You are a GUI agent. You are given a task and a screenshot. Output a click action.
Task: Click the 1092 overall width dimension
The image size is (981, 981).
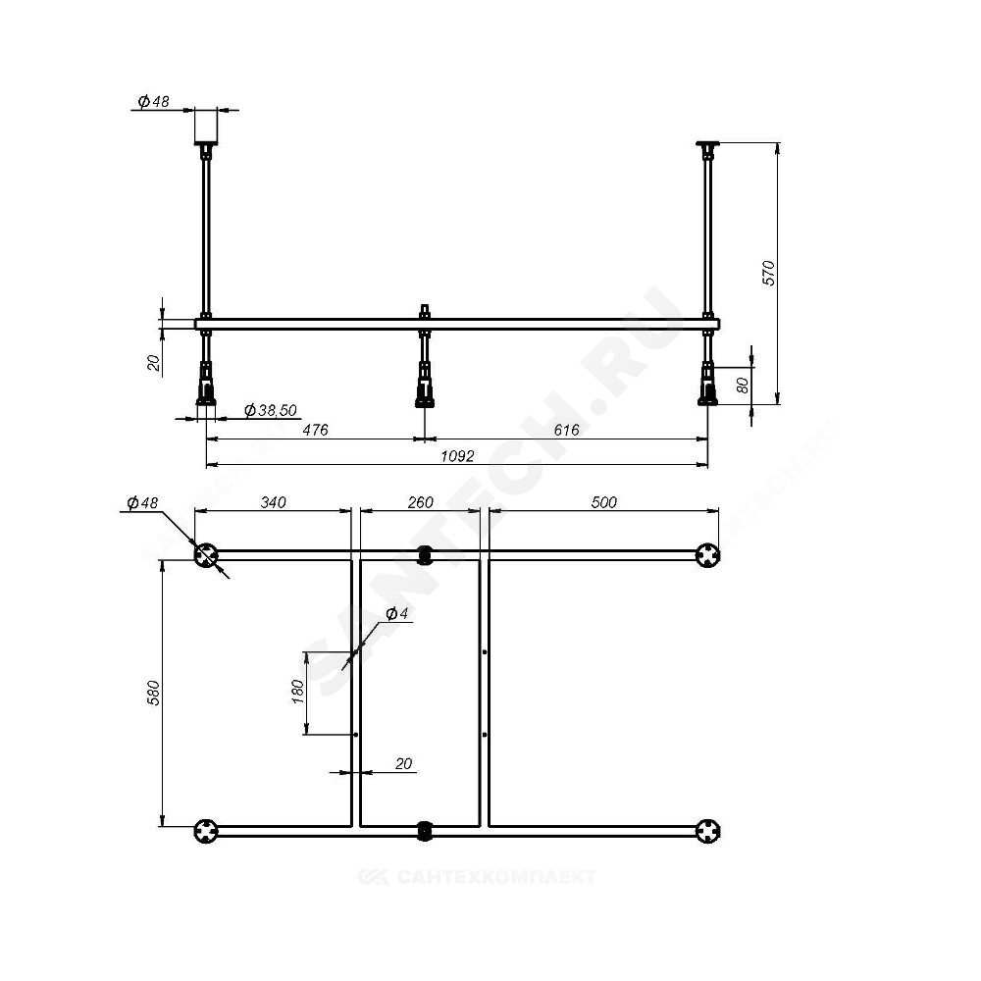click(457, 456)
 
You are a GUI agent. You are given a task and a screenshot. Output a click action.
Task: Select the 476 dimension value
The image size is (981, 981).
click(315, 430)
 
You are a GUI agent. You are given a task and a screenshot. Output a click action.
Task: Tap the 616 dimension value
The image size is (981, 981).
click(566, 430)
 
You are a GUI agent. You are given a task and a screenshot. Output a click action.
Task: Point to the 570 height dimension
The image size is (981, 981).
click(768, 274)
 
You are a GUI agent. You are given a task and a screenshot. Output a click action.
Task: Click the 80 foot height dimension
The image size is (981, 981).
click(743, 385)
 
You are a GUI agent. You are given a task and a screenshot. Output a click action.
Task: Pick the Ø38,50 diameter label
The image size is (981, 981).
click(271, 410)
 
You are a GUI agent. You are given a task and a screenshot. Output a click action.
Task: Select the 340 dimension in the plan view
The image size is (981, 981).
click(274, 502)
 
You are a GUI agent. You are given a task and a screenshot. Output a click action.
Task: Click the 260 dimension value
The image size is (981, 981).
click(421, 502)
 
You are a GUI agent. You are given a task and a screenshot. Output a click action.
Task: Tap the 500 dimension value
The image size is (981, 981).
click(603, 502)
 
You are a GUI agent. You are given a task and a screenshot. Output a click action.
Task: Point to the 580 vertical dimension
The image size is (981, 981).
click(154, 693)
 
